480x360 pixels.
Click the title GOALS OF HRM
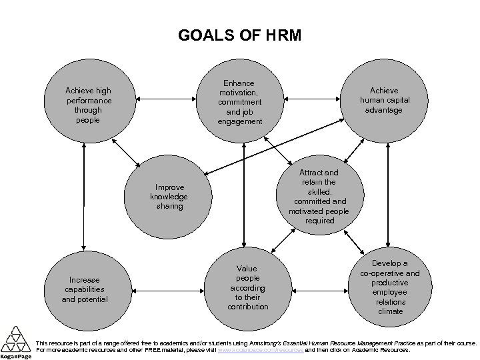240,35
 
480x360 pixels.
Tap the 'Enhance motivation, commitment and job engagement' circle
241,102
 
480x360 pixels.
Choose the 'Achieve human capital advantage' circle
385,100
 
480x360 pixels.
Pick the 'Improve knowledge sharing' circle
169,197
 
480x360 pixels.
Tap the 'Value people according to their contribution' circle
247,287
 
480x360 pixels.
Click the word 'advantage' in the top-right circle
385,109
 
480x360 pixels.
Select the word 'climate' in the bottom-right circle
390,311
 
